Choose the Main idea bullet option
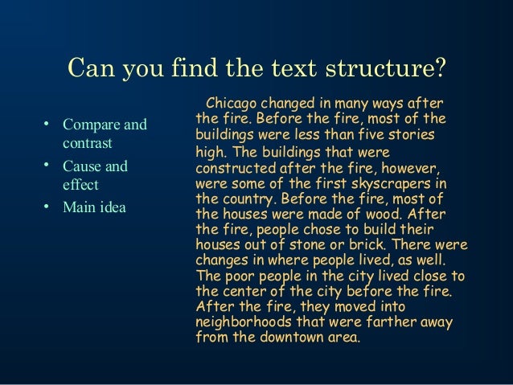[x=91, y=207]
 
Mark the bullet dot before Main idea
[x=47, y=206]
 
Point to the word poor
[x=237, y=274]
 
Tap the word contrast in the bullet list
[x=85, y=145]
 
